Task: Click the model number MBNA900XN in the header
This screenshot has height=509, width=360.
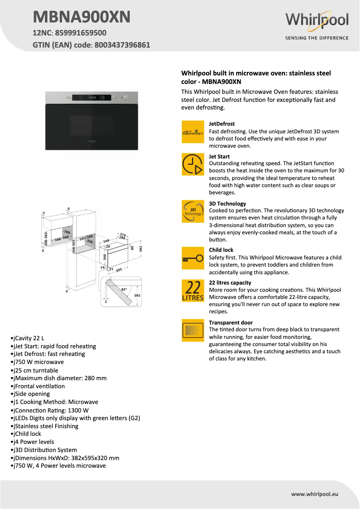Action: click(x=82, y=17)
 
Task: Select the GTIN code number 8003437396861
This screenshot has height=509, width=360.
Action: click(x=122, y=45)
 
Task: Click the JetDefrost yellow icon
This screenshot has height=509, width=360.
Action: click(x=193, y=132)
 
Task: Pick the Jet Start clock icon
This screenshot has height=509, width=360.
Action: click(x=193, y=164)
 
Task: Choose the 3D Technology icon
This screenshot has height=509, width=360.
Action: click(x=193, y=211)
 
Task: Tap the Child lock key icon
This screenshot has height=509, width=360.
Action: click(x=193, y=258)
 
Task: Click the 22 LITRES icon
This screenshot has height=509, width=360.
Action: click(x=193, y=290)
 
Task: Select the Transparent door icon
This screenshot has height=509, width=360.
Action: click(x=193, y=330)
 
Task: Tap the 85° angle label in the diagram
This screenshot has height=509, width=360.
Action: click(x=124, y=290)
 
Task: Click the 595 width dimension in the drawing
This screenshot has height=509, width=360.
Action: click(x=119, y=270)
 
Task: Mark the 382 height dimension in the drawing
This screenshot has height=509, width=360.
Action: click(x=140, y=248)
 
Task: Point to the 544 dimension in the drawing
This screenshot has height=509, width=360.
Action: click(x=106, y=241)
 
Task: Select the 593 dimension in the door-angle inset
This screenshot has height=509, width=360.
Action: click(x=137, y=295)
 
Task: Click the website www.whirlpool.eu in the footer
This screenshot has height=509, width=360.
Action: click(x=314, y=494)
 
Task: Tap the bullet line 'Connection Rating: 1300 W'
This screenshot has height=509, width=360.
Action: click(x=50, y=410)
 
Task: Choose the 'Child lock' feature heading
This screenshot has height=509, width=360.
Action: click(x=221, y=250)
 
